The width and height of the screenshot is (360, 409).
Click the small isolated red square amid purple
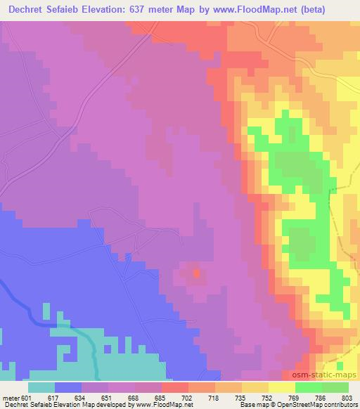pyautogui.click(x=196, y=271)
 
